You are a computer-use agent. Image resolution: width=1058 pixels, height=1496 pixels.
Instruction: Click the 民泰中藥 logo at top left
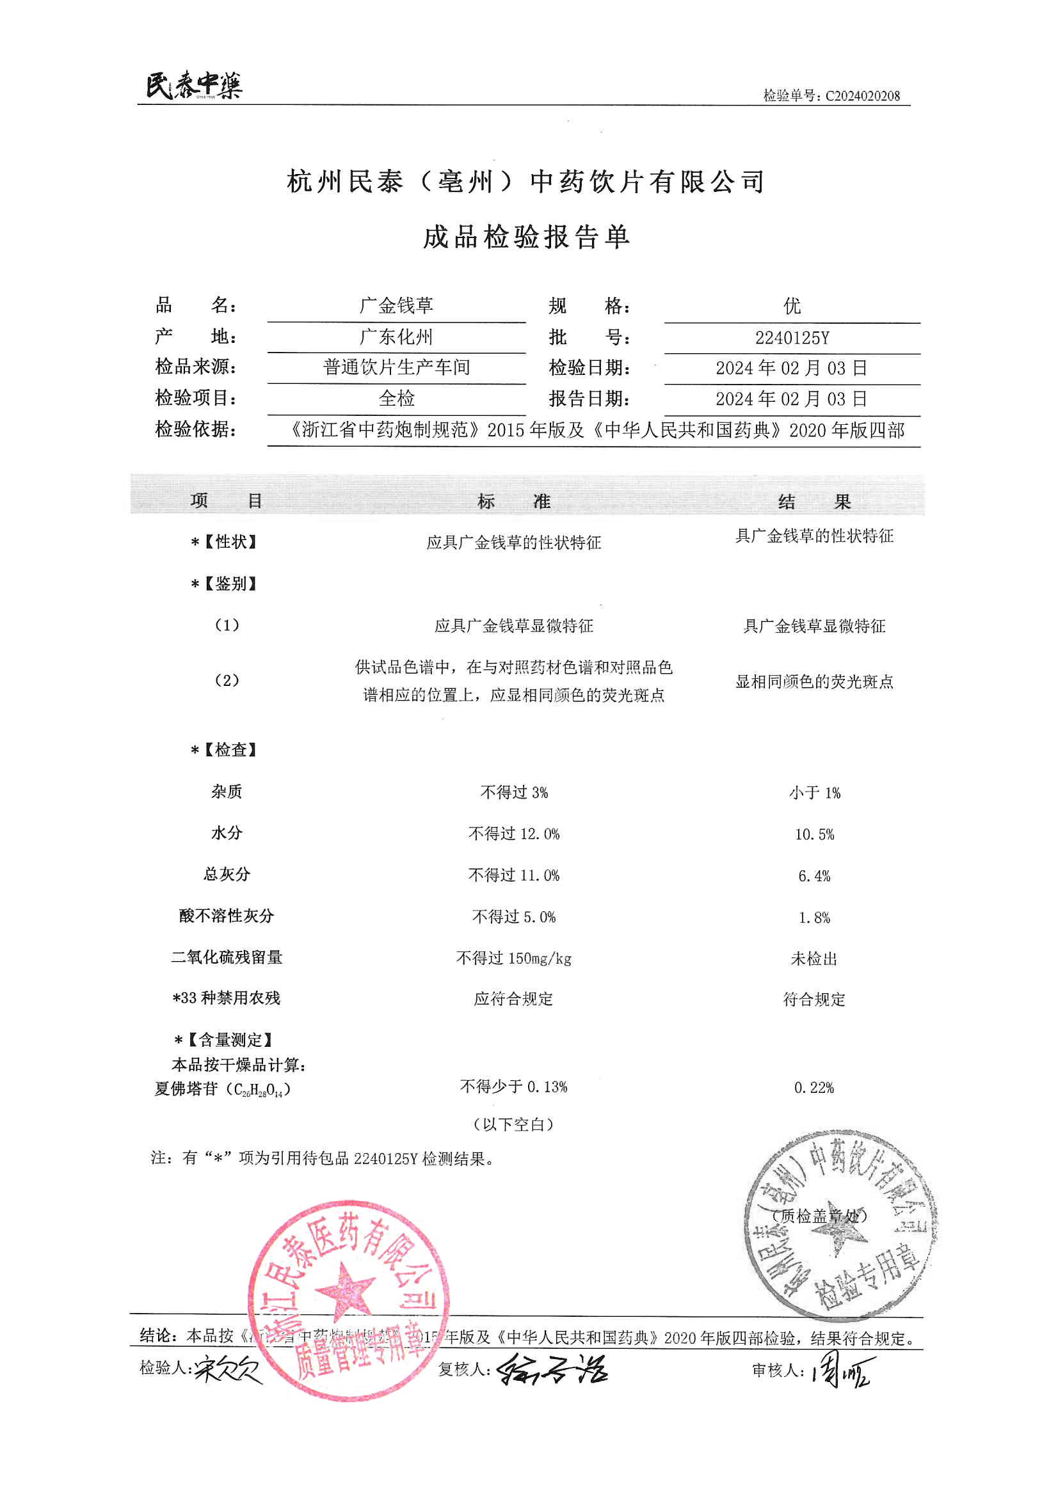[x=193, y=85]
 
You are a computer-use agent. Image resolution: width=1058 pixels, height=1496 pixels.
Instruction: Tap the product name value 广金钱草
[x=396, y=306]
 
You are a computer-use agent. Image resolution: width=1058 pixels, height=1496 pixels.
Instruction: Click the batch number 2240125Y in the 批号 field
[x=791, y=337]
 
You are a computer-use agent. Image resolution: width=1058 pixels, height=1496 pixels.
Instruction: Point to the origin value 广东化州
[x=396, y=337]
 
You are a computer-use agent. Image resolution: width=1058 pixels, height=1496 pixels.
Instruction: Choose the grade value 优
[x=791, y=306]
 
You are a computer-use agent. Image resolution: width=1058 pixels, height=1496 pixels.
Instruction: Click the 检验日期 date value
[x=791, y=368]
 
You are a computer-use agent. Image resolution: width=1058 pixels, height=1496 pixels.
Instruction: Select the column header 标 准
[x=514, y=501]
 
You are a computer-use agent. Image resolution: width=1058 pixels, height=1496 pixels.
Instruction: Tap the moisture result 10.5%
[x=814, y=834]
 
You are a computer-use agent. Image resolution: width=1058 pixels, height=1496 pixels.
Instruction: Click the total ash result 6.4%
[x=814, y=876]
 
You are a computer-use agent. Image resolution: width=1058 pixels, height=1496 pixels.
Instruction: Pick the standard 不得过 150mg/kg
[x=514, y=958]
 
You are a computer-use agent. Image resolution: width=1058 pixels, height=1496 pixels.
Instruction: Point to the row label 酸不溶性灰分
[x=226, y=916]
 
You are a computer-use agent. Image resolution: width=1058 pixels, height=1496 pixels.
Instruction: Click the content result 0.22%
[x=814, y=1088]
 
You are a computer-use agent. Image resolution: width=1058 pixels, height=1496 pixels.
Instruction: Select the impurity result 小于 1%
[x=814, y=793]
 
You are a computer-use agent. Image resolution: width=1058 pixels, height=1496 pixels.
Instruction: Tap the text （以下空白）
[x=514, y=1124]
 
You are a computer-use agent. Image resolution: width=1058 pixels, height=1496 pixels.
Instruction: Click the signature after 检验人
[x=228, y=1370]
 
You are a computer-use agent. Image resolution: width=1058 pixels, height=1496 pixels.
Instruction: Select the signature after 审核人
[x=844, y=1369]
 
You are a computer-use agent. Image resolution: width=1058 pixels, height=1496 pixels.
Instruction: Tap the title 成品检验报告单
[x=526, y=237]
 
